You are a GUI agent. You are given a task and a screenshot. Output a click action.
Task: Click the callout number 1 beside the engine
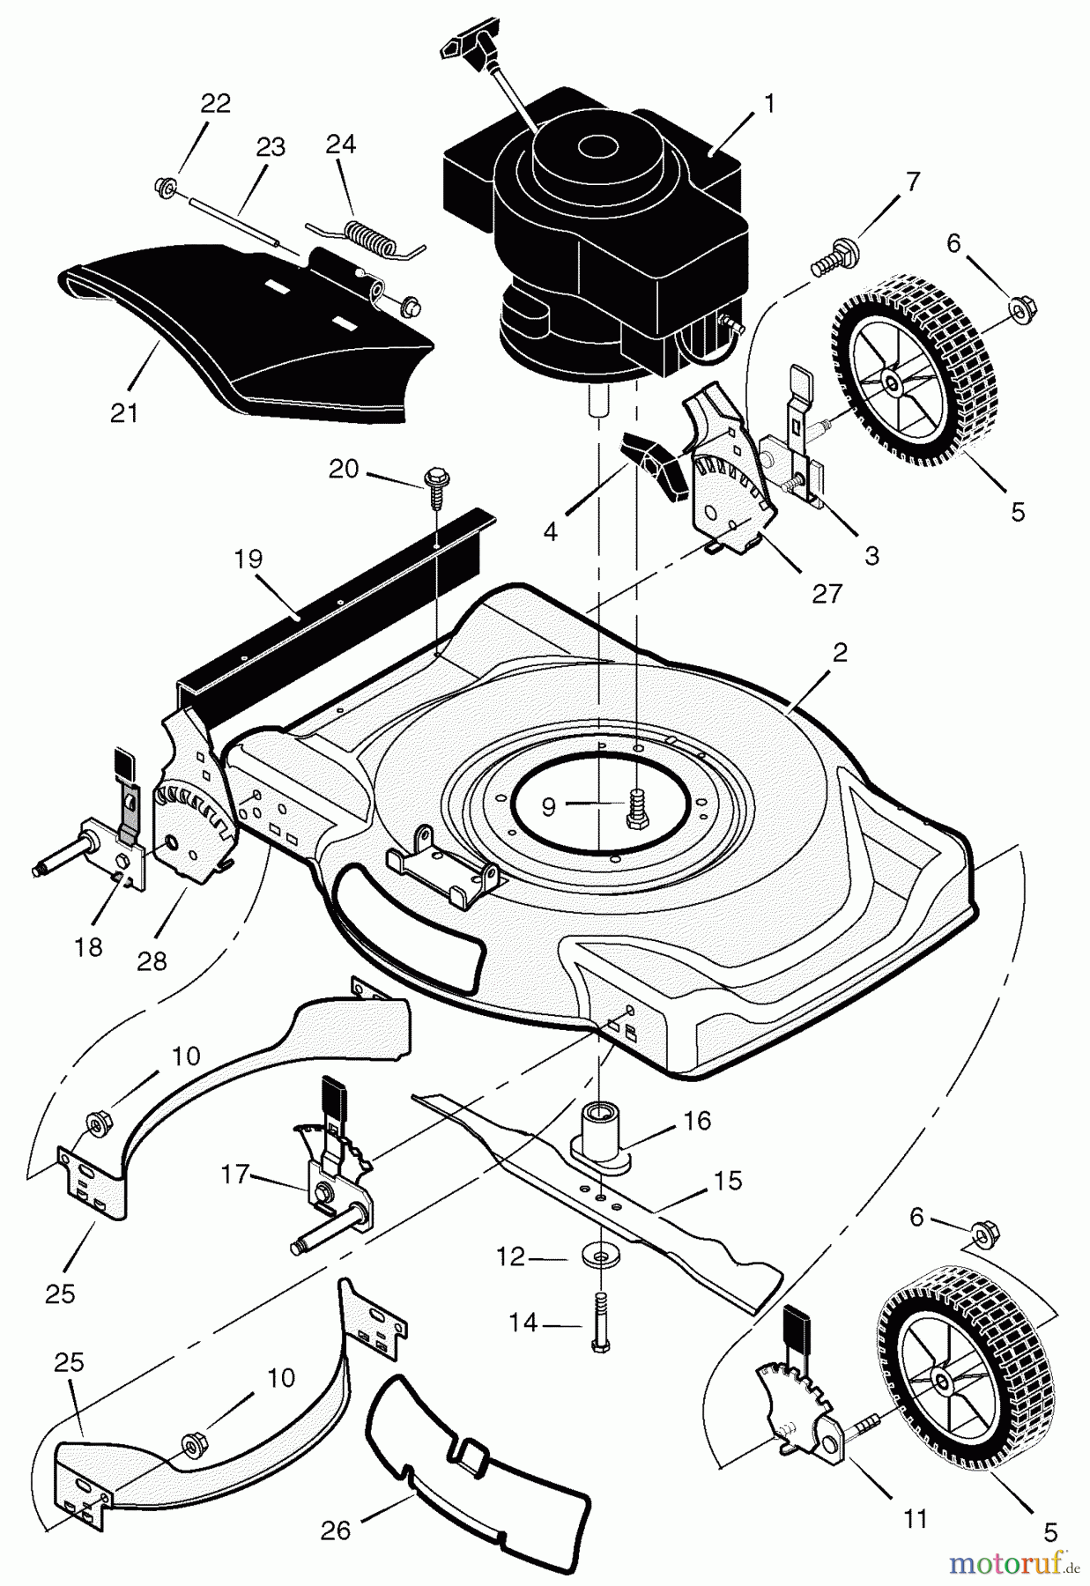768,104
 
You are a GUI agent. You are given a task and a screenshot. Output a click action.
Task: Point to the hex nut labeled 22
164,185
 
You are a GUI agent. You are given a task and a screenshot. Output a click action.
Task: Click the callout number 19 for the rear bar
249,559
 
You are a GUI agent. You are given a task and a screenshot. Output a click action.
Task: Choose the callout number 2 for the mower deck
839,652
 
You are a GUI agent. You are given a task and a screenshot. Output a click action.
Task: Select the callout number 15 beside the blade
728,1180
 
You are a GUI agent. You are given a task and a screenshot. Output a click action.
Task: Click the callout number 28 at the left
152,961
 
